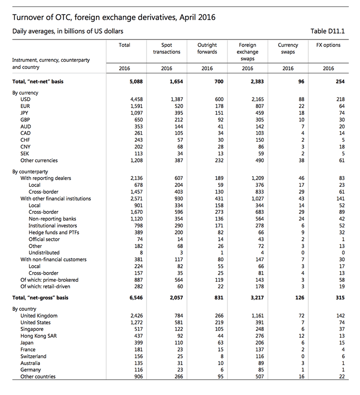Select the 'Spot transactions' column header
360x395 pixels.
coord(167,48)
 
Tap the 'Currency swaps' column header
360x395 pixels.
coord(288,48)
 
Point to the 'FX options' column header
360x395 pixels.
coord(328,45)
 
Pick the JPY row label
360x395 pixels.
coord(25,113)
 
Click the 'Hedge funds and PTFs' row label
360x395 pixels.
coord(54,232)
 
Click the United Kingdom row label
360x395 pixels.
coord(39,316)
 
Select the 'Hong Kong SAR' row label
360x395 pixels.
coord(38,336)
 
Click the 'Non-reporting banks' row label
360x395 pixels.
coord(52,219)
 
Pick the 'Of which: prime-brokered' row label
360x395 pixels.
coord(49,280)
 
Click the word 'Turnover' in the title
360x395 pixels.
coord(28,17)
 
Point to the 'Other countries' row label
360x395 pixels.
coord(38,377)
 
